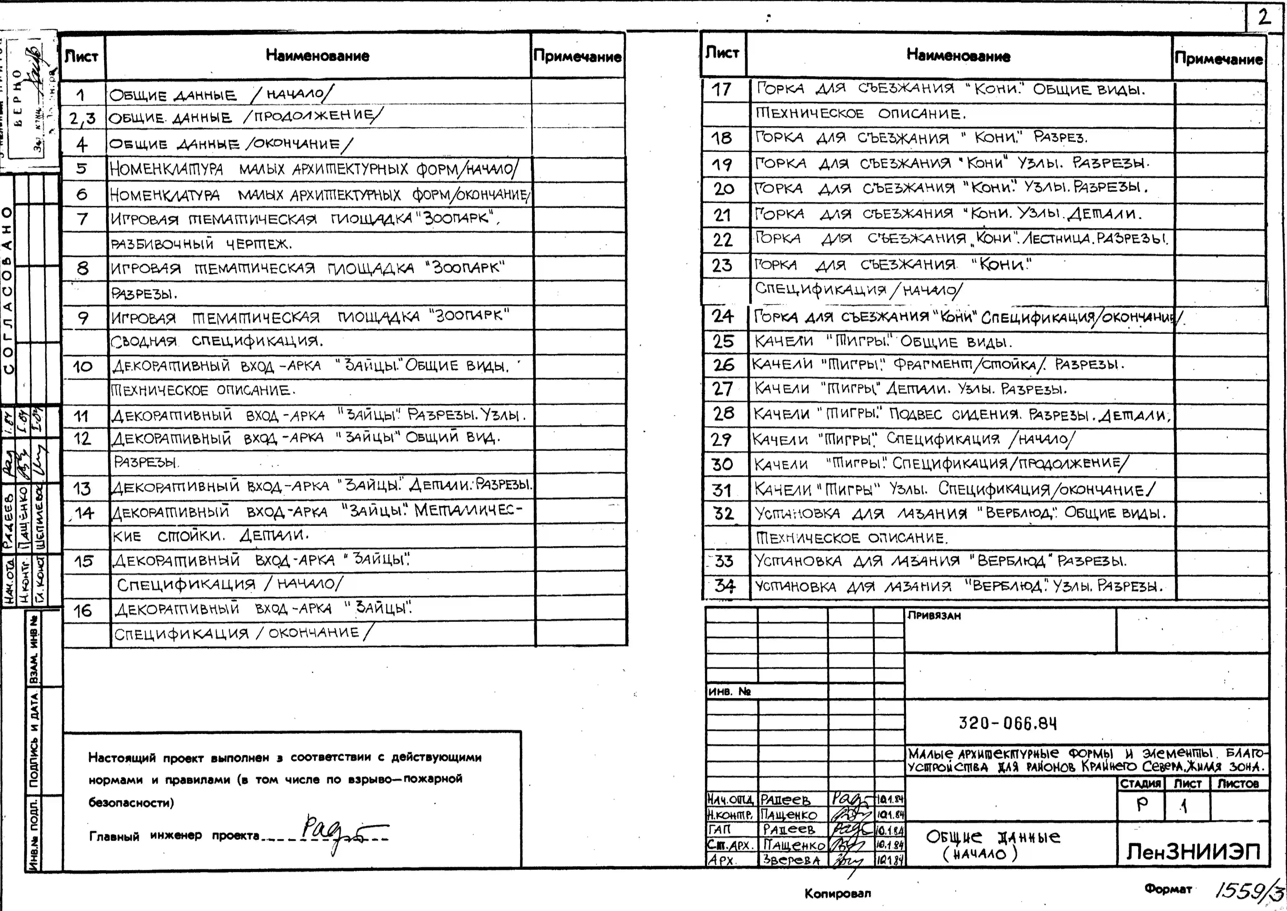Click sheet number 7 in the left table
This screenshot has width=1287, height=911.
point(82,218)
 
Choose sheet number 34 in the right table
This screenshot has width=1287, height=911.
point(725,586)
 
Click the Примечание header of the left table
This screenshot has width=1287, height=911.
point(577,56)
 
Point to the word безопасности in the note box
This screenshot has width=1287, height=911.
point(131,803)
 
